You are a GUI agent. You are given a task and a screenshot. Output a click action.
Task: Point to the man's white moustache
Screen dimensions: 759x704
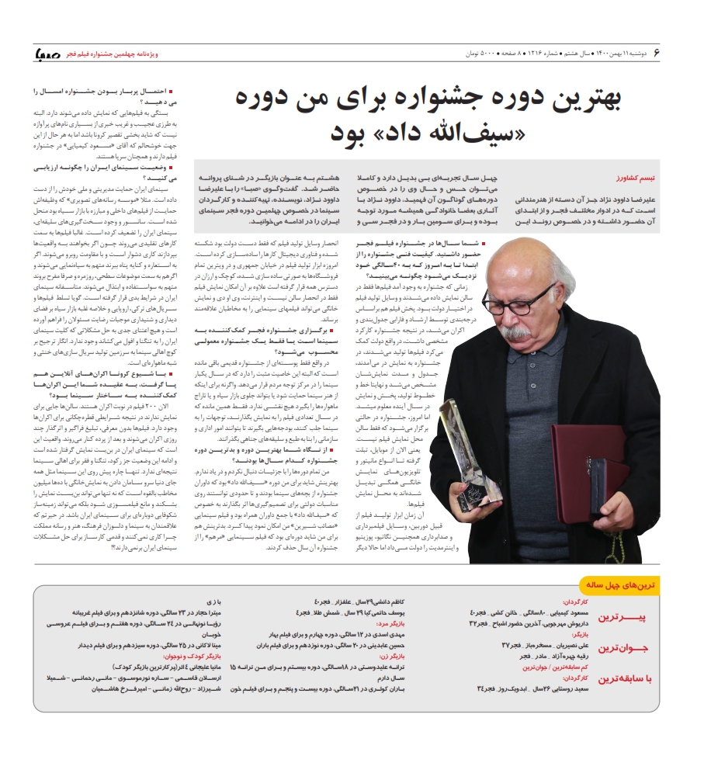click(x=512, y=329)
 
